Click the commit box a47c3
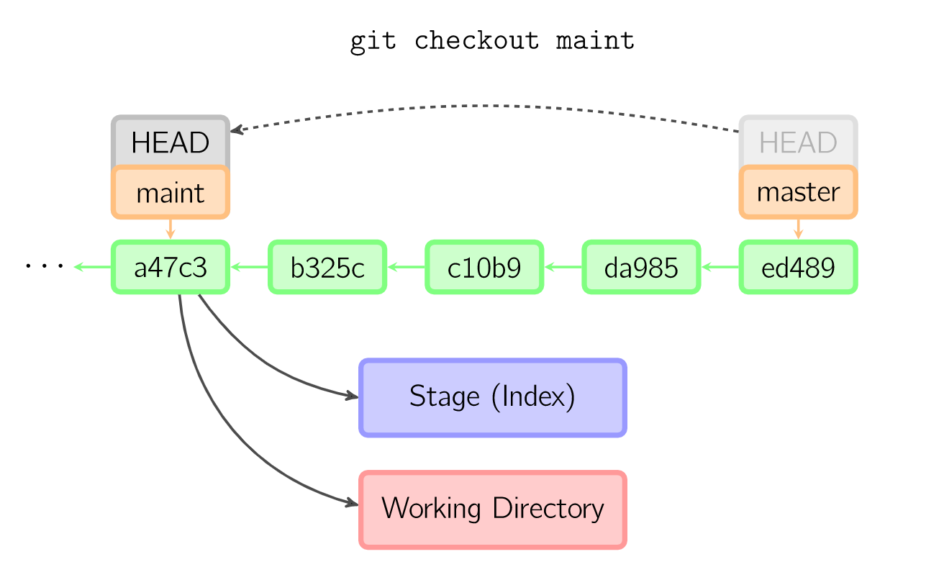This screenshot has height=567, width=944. (x=171, y=268)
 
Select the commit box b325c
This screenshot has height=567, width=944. (x=327, y=268)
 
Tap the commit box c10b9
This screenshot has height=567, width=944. (x=484, y=268)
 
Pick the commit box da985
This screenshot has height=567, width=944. (x=641, y=268)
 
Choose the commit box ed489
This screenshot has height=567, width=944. (x=798, y=268)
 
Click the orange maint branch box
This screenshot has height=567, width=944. (x=171, y=193)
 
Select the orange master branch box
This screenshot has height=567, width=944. (x=798, y=193)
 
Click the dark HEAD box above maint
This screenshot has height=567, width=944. (x=171, y=142)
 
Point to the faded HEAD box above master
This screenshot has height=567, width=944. (x=798, y=142)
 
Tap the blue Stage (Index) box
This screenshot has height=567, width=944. (x=493, y=397)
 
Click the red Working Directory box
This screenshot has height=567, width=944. (x=493, y=509)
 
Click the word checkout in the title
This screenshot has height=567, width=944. (x=476, y=40)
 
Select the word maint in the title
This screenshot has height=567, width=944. (x=595, y=40)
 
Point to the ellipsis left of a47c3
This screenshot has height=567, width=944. (x=45, y=267)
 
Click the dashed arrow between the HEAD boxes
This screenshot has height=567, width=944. (x=489, y=106)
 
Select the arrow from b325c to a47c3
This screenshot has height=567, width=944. (x=249, y=267)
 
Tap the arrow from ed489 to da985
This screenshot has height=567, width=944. (x=720, y=267)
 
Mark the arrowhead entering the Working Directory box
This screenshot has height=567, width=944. (x=353, y=503)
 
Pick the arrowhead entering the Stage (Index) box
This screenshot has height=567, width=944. (x=353, y=396)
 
